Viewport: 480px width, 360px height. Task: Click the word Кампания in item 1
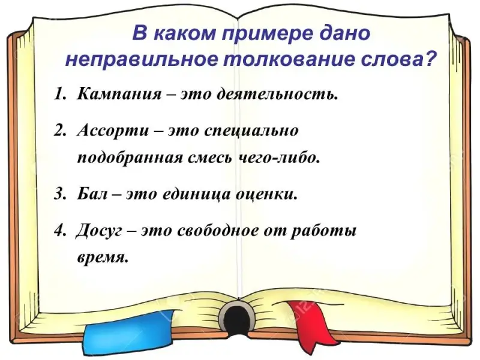pyautogui.click(x=119, y=94)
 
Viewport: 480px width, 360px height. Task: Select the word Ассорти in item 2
pyautogui.click(x=113, y=131)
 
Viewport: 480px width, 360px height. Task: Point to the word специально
pyautogui.click(x=251, y=131)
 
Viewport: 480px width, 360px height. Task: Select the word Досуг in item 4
pyautogui.click(x=99, y=232)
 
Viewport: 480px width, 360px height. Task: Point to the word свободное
pyautogui.click(x=218, y=231)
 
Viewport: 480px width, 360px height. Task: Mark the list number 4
pyautogui.click(x=58, y=232)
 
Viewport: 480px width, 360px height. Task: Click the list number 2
pyautogui.click(x=59, y=131)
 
